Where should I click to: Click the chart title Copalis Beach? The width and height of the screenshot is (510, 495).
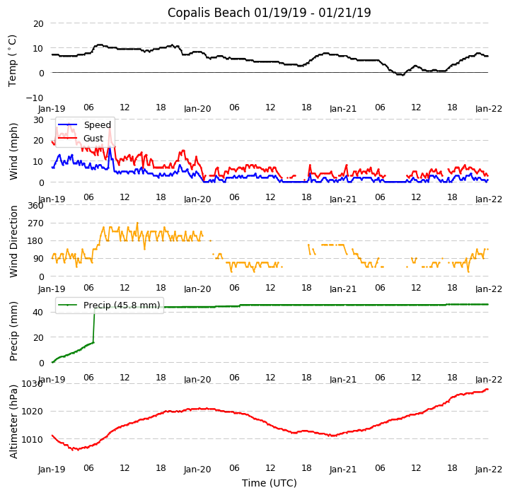(269, 13)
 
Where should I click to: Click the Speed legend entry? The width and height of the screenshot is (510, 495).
(97, 125)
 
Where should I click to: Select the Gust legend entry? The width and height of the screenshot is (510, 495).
(93, 139)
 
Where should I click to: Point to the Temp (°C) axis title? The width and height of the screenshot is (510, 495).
(13, 60)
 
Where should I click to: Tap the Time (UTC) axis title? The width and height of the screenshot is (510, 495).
(269, 483)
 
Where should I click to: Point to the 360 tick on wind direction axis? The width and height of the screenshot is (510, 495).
(35, 206)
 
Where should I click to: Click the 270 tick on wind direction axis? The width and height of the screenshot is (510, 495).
(35, 223)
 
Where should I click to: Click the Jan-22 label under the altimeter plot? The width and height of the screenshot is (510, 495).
(488, 470)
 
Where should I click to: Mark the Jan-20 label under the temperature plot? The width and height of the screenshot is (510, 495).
(197, 109)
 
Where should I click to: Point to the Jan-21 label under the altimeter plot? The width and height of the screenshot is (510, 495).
(343, 470)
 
